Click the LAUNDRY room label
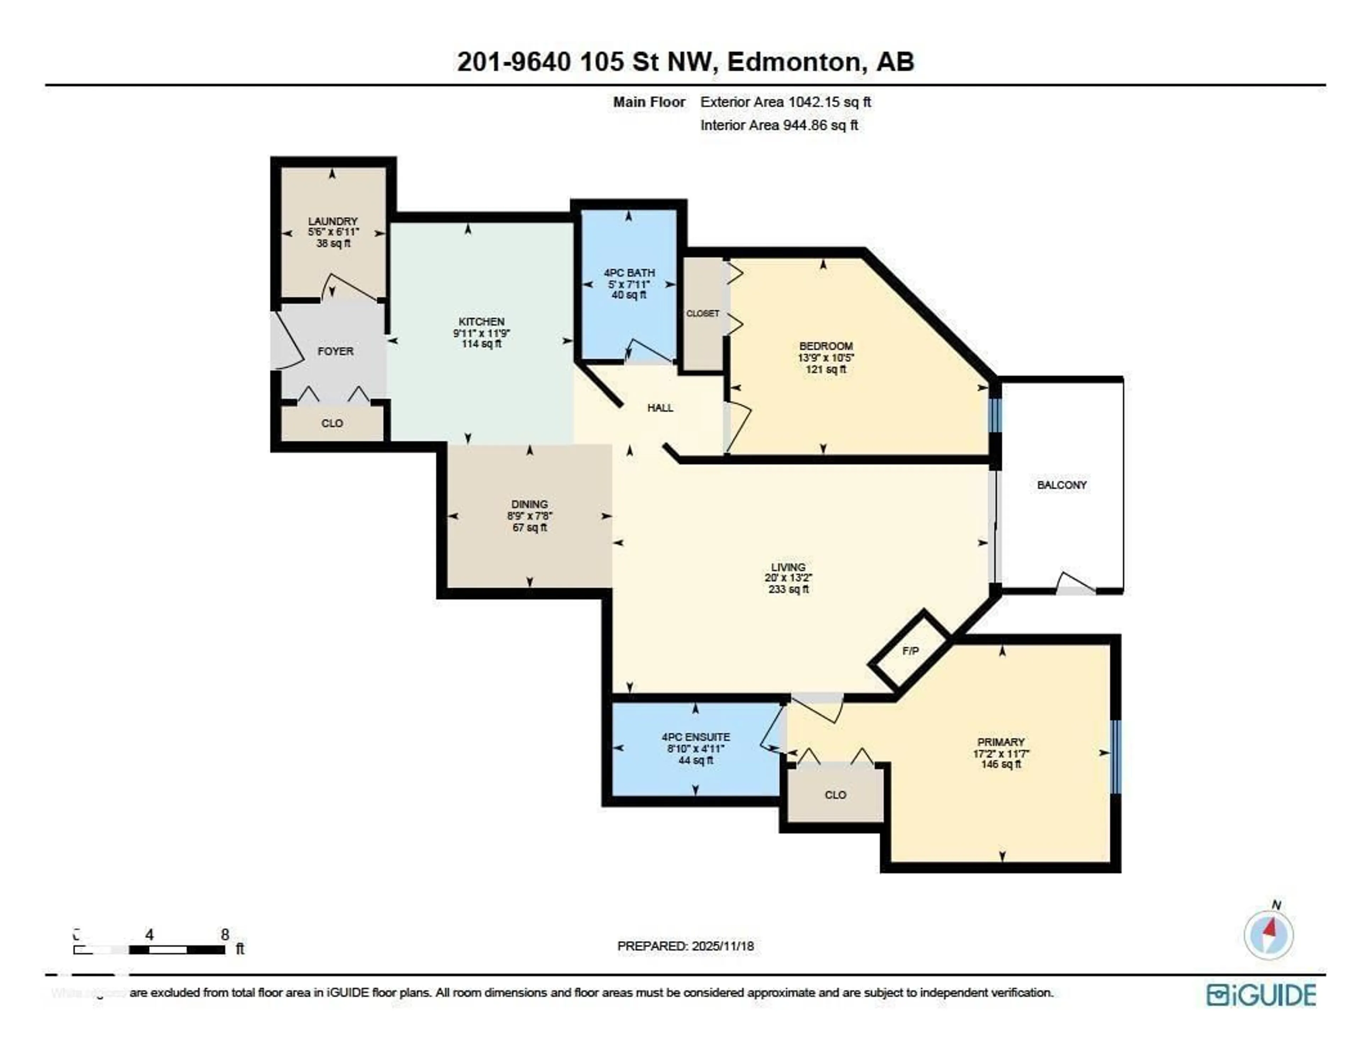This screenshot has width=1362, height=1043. [333, 221]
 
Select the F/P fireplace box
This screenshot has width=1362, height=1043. [910, 651]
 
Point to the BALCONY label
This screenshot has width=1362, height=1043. [1062, 485]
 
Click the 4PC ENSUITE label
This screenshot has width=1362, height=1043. [695, 737]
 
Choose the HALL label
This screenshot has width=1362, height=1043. [660, 408]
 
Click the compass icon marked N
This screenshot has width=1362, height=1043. [1268, 935]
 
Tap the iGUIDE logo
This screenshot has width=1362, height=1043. [1261, 994]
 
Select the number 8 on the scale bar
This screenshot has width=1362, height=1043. [225, 934]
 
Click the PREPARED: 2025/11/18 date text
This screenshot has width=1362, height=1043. [685, 946]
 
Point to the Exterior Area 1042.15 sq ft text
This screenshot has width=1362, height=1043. [785, 102]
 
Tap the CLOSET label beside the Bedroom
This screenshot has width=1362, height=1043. [702, 314]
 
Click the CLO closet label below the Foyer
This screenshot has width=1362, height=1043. [332, 423]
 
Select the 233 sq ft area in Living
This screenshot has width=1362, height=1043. [788, 589]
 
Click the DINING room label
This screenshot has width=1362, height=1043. [530, 504]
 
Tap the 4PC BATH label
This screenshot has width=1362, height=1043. [629, 273]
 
